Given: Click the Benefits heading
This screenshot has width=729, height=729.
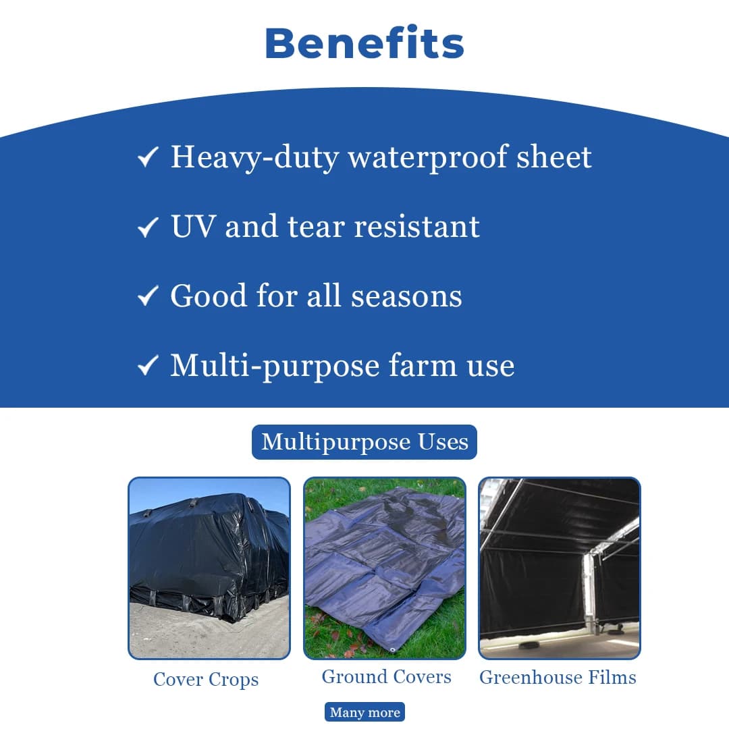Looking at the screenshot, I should [x=364, y=44].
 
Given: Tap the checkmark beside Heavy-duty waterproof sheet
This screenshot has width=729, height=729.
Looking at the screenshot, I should [x=147, y=158].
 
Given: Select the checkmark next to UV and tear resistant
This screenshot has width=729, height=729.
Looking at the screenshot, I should [x=147, y=227].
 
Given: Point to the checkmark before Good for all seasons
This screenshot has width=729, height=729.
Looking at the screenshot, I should [x=147, y=297].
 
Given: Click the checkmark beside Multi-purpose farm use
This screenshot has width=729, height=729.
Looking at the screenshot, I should [x=147, y=367].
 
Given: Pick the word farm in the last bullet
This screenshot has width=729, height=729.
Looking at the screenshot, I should [x=422, y=367].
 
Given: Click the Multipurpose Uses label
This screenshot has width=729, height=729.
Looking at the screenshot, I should [x=364, y=442].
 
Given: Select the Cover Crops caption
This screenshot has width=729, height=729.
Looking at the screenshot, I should [x=206, y=679].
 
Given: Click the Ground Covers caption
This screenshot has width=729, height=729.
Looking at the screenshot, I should [x=386, y=677].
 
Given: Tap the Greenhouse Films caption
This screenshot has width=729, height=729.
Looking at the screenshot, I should [x=558, y=677].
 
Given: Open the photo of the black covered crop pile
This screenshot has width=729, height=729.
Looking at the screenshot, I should [x=209, y=568].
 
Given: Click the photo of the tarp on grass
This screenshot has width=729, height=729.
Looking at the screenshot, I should [x=385, y=568].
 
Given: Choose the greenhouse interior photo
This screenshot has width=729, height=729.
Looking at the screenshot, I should [x=560, y=568].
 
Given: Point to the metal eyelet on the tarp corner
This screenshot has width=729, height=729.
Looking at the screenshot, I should [x=393, y=649].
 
